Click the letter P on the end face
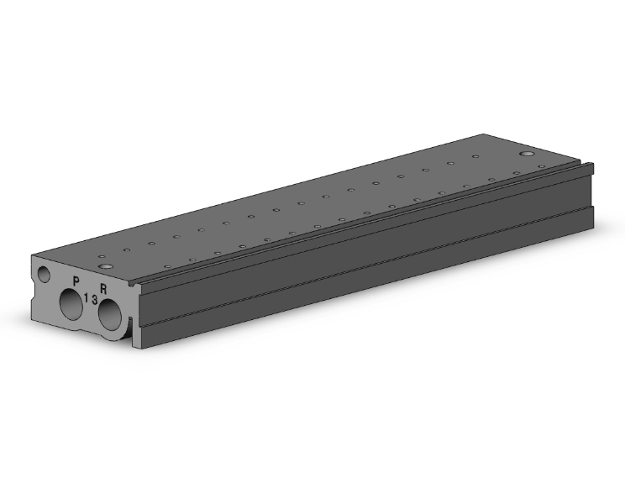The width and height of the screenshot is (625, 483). coord(76,281)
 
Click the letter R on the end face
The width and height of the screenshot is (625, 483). coord(103,289)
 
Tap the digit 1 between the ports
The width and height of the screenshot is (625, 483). coord(87,297)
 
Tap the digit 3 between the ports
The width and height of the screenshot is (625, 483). coord(94,300)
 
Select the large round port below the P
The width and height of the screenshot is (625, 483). coord(71,304)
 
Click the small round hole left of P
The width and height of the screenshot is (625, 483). coord(44,275)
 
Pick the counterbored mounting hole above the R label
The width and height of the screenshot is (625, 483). coord(106,266)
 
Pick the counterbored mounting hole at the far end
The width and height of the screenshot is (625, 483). coord(528,154)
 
